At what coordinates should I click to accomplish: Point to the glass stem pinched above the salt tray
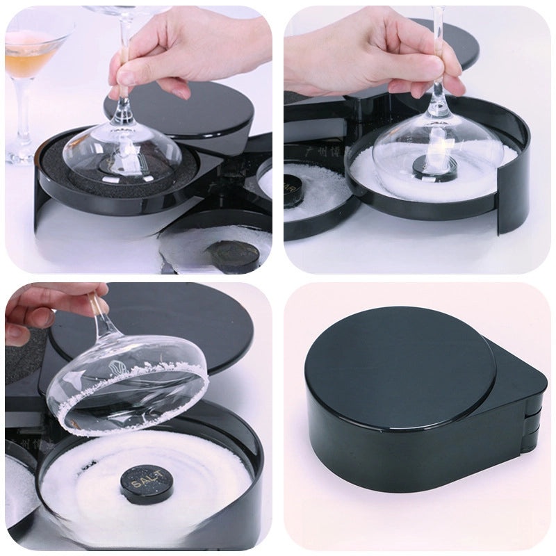439,69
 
